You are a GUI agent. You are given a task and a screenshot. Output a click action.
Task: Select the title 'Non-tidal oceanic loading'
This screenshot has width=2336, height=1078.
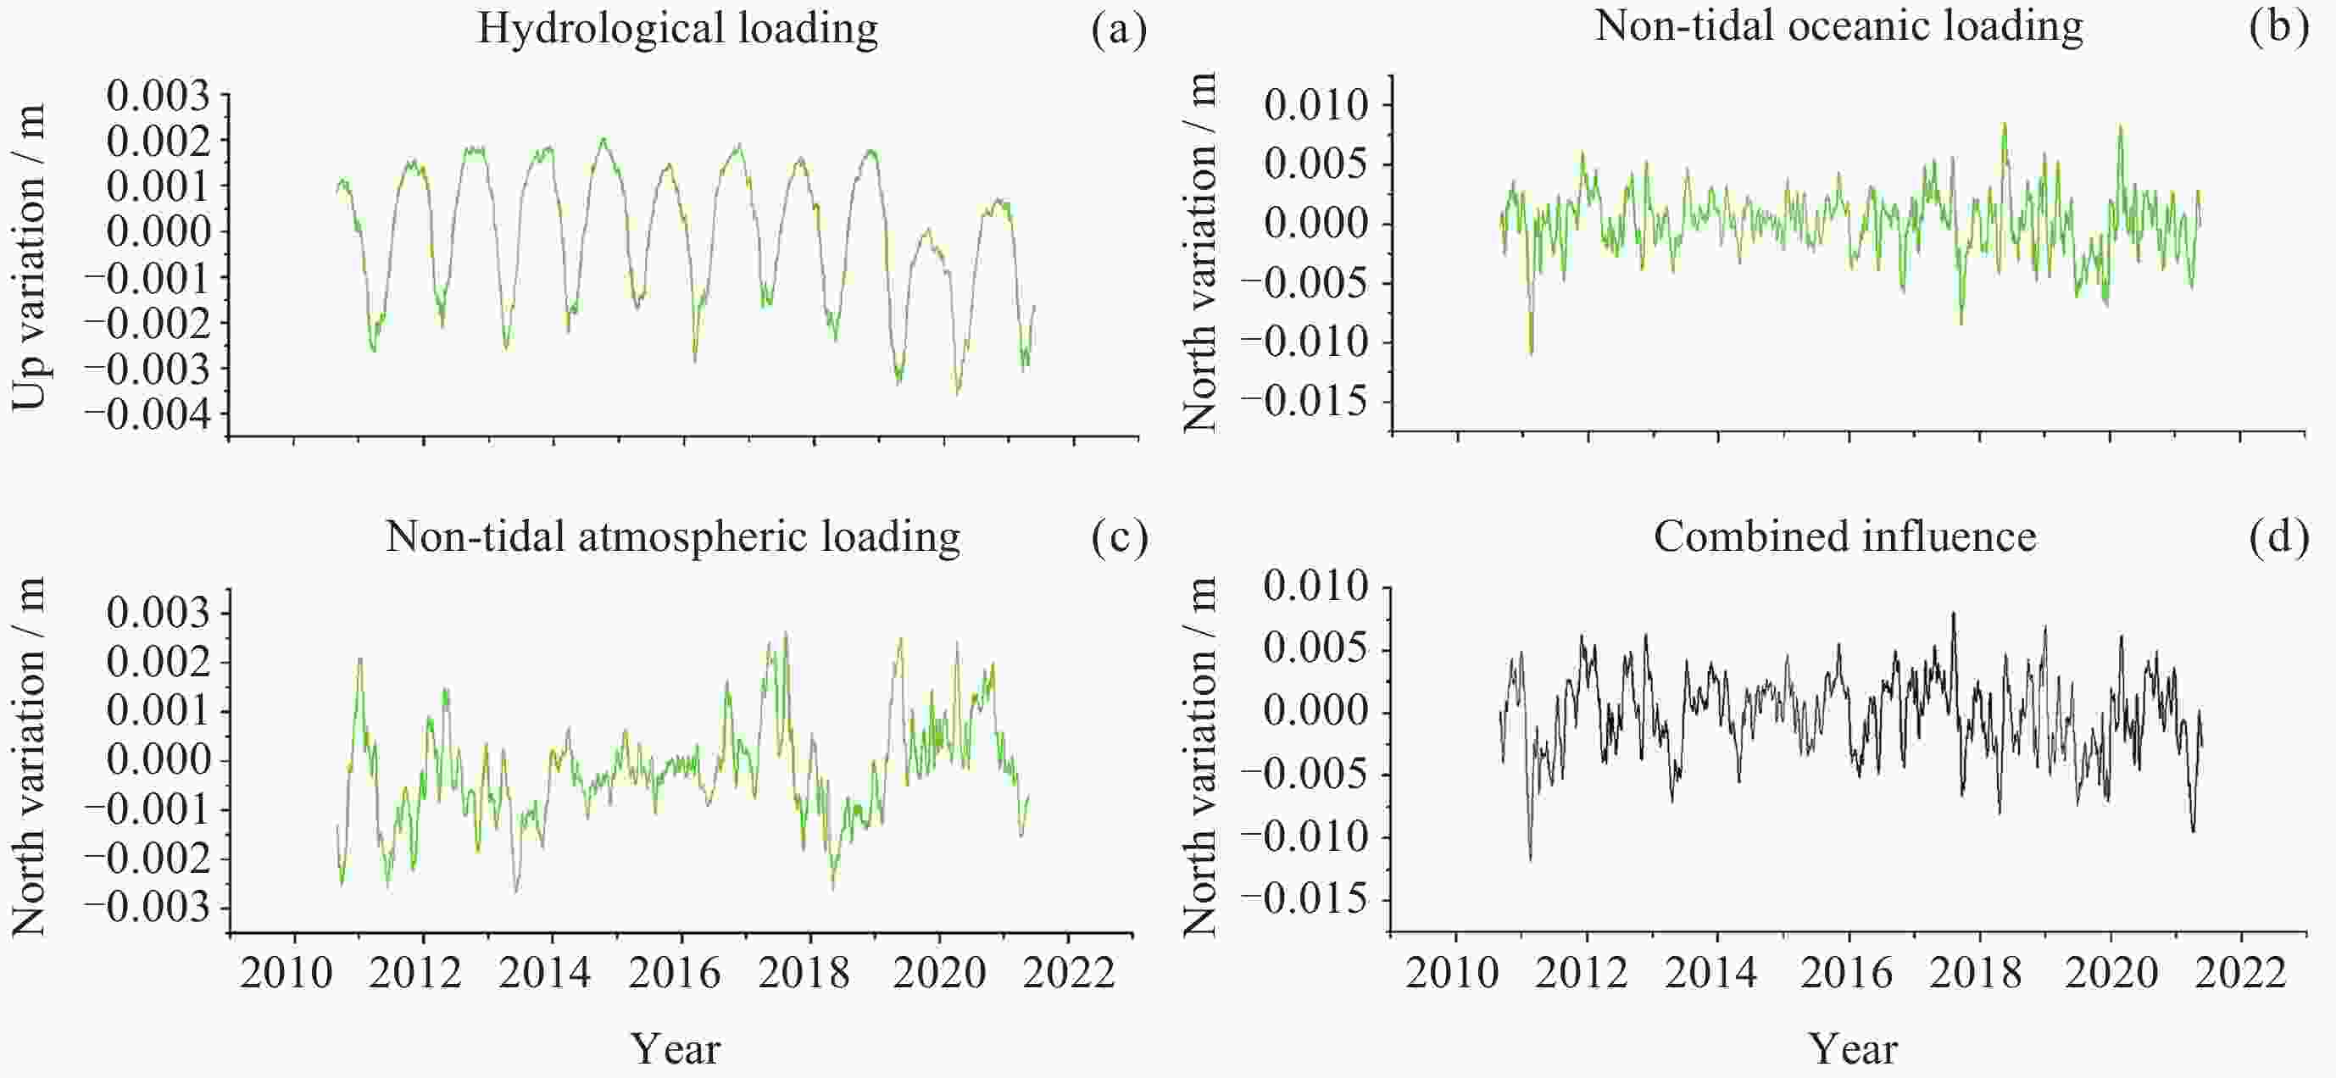[x=1838, y=26]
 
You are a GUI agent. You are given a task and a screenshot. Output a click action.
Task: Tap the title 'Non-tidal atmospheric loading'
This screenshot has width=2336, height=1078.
[x=673, y=536]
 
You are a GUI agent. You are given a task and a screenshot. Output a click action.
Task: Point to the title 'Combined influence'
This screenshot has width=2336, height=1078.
[x=1844, y=536]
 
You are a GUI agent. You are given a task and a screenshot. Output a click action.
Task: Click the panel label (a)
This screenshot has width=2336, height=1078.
[x=1119, y=29]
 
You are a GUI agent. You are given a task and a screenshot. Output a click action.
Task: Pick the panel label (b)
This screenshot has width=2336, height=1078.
[x=2278, y=26]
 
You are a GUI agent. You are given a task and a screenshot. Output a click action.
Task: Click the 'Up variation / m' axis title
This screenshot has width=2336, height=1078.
[x=29, y=257]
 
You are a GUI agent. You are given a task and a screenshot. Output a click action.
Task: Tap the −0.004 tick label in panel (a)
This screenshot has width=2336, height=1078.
[x=147, y=415]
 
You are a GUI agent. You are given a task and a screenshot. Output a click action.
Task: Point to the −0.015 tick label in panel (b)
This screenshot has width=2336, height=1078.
[x=1303, y=401]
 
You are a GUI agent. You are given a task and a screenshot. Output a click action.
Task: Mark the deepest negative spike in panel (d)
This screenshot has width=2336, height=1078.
[x=1531, y=857]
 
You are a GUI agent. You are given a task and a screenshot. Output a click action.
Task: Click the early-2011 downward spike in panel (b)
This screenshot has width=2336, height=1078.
[x=1531, y=352]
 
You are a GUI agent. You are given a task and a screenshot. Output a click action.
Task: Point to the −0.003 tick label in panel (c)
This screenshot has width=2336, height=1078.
[x=147, y=908]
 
